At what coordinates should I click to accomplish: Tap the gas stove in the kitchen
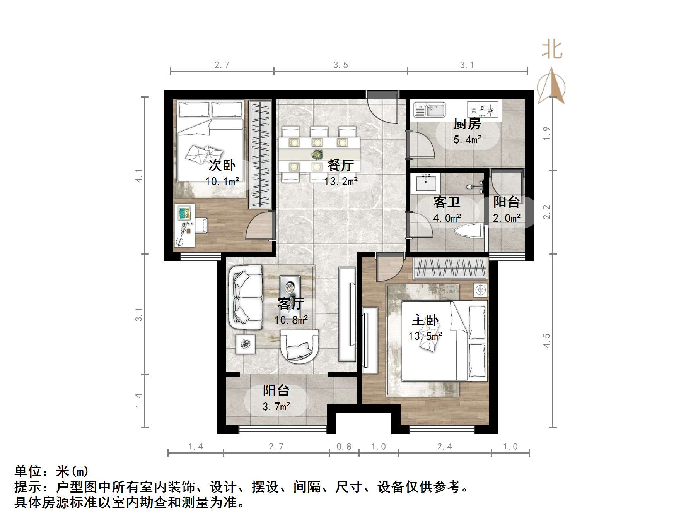click(x=482, y=110)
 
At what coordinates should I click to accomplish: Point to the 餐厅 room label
click(x=340, y=165)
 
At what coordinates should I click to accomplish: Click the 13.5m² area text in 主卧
click(x=425, y=336)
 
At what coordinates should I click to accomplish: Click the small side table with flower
click(x=246, y=344)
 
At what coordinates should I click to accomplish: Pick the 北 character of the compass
click(x=552, y=50)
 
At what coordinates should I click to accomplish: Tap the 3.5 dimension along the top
click(x=341, y=65)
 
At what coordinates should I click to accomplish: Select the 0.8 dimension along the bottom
click(x=344, y=447)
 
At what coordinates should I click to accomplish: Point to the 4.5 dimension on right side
click(x=546, y=341)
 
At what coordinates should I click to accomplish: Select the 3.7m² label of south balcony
click(x=276, y=406)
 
